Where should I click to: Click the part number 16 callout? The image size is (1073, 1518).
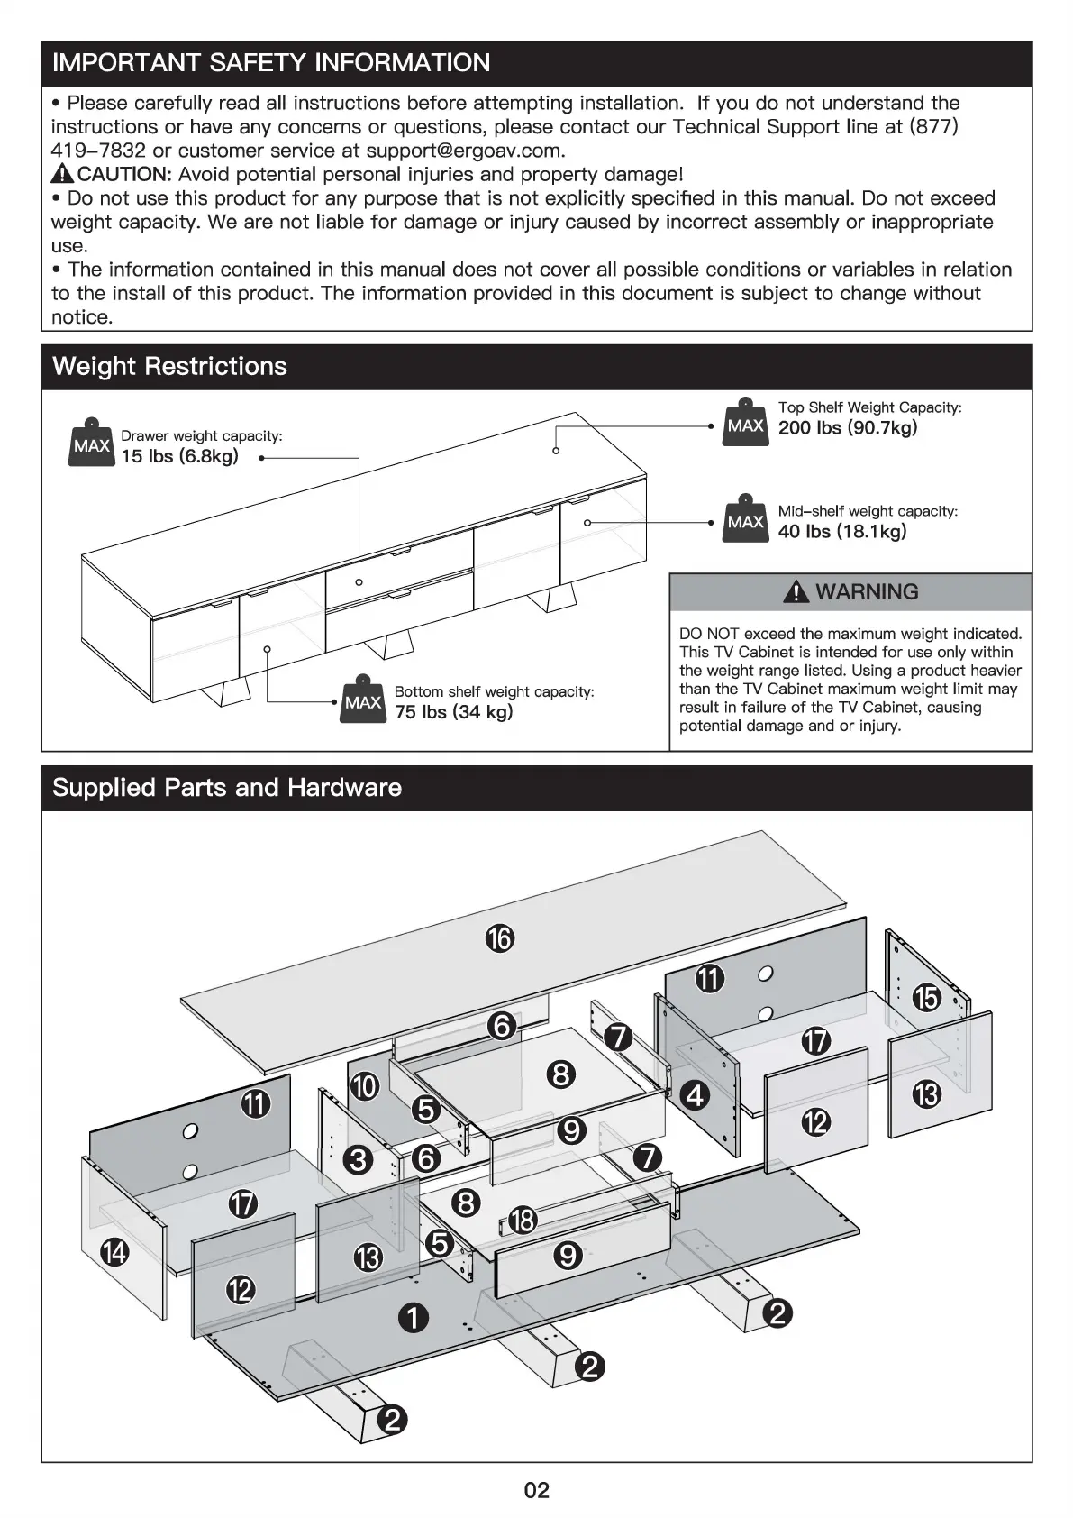(x=500, y=938)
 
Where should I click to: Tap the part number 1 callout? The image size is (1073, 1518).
(x=414, y=1319)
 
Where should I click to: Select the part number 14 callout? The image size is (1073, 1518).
(x=115, y=1251)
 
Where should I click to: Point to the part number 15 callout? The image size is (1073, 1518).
(x=926, y=998)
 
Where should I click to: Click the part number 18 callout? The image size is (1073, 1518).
(x=523, y=1221)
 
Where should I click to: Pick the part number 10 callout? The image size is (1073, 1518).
(x=364, y=1086)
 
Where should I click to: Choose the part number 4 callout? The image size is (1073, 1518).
(x=695, y=1095)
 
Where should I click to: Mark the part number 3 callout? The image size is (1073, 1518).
(x=359, y=1159)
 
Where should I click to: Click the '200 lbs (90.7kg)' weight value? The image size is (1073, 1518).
(x=847, y=428)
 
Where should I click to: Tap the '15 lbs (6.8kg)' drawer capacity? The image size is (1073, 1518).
(x=180, y=456)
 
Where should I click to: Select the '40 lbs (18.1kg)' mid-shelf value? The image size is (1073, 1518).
(x=841, y=532)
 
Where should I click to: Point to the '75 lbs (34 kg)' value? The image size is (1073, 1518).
(x=453, y=712)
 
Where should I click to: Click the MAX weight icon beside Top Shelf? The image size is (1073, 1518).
(x=745, y=424)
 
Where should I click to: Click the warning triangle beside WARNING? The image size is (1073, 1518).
(x=796, y=592)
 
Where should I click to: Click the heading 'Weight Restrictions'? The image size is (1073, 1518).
(x=169, y=367)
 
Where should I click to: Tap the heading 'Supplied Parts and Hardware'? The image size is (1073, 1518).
(x=227, y=788)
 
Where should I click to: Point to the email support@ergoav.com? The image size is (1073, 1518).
(x=464, y=151)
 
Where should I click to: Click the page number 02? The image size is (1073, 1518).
(x=536, y=1490)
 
